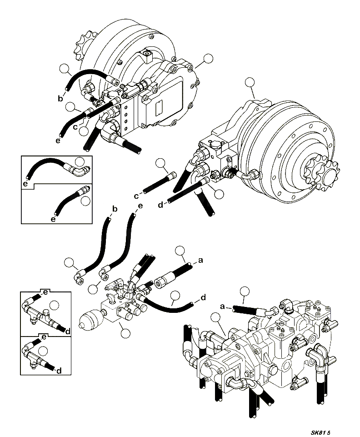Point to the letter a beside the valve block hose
pyautogui.click(x=200, y=261)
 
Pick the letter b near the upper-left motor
pyautogui.click(x=60, y=98)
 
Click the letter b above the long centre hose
pyautogui.click(x=115, y=209)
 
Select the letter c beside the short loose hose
pyautogui.click(x=136, y=196)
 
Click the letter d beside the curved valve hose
pyautogui.click(x=203, y=298)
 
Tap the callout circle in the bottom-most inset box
pyautogui.click(x=44, y=350)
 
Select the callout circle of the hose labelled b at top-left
pyautogui.click(x=65, y=69)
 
